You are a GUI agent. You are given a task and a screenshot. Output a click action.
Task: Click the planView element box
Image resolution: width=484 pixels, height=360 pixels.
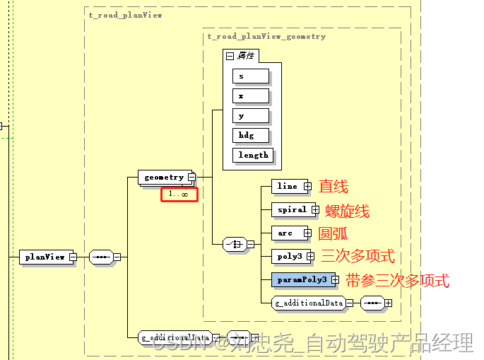pos(45,257)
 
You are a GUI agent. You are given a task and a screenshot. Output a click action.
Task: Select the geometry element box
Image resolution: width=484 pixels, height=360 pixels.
pos(164,177)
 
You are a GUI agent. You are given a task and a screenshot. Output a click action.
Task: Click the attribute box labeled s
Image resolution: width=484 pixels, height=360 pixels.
pos(250,76)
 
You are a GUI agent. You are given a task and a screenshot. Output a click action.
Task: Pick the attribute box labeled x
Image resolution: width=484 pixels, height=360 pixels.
pos(250,95)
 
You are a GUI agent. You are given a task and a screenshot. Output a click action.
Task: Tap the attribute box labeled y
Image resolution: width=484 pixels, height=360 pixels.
pos(250,115)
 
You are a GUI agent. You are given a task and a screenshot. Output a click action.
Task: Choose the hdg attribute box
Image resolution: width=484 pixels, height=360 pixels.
pos(250,135)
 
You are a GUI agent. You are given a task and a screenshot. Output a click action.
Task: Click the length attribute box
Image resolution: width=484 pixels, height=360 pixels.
pos(253,155)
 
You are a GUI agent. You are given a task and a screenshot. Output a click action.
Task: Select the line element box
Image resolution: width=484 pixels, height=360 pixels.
pos(288,186)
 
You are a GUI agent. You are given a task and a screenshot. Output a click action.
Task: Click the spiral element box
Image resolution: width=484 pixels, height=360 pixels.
pos(290,209)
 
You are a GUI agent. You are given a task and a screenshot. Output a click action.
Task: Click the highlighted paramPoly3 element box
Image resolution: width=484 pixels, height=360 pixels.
pos(302,279)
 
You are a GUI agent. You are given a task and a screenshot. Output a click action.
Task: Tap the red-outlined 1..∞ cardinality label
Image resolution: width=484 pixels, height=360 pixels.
pos(179,194)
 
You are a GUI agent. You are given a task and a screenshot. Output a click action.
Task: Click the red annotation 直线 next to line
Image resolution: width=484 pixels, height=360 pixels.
pos(333,187)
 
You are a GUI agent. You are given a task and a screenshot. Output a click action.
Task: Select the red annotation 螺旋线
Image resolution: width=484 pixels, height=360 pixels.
pos(347,211)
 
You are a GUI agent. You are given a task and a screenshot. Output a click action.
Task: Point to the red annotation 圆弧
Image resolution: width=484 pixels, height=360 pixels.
pos(333,233)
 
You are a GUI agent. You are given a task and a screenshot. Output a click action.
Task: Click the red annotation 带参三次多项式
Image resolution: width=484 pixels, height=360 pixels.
pos(397,280)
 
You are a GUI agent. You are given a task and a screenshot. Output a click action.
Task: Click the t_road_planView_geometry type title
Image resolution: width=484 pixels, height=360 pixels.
pos(266,36)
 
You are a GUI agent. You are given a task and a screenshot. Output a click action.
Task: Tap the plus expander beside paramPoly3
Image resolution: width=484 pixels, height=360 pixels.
pos(336,280)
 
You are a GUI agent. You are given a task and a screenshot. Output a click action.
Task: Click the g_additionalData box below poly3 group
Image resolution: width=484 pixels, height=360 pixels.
pos(309,303)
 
